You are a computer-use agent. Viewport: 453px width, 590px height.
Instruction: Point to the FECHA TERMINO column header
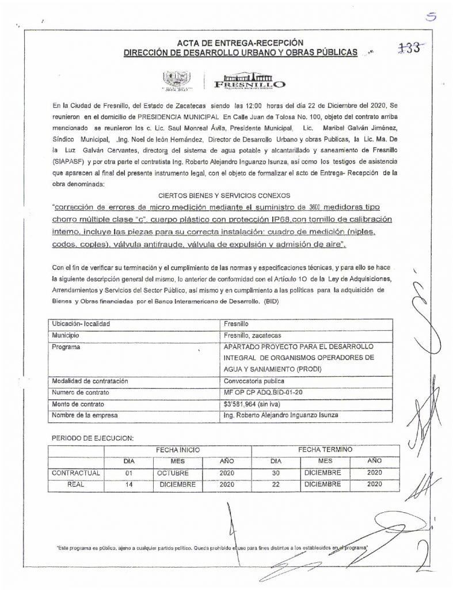tap(325, 448)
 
